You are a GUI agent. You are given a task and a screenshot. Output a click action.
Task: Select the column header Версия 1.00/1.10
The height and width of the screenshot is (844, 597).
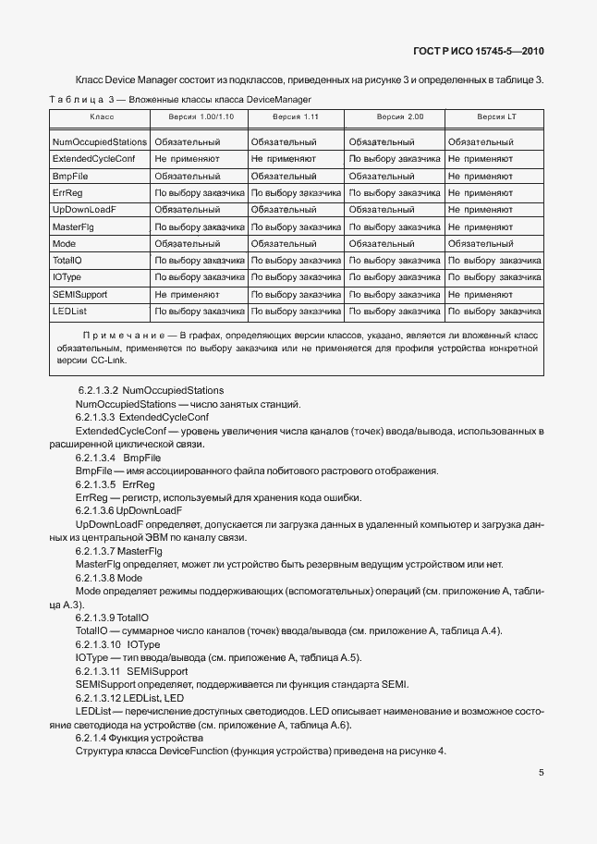[201, 118]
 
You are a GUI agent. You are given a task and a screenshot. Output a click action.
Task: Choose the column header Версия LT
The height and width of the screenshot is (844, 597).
[495, 118]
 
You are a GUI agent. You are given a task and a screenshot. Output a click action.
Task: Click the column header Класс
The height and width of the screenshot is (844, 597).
[101, 118]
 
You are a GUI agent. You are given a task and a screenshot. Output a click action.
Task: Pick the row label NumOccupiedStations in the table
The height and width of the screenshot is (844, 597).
[100, 143]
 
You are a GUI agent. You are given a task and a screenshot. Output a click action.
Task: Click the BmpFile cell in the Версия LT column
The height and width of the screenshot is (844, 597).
[480, 177]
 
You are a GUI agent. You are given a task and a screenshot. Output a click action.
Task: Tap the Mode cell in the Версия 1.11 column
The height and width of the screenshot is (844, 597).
[283, 244]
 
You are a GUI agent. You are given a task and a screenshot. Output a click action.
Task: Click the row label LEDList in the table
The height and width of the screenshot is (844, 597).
[69, 311]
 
